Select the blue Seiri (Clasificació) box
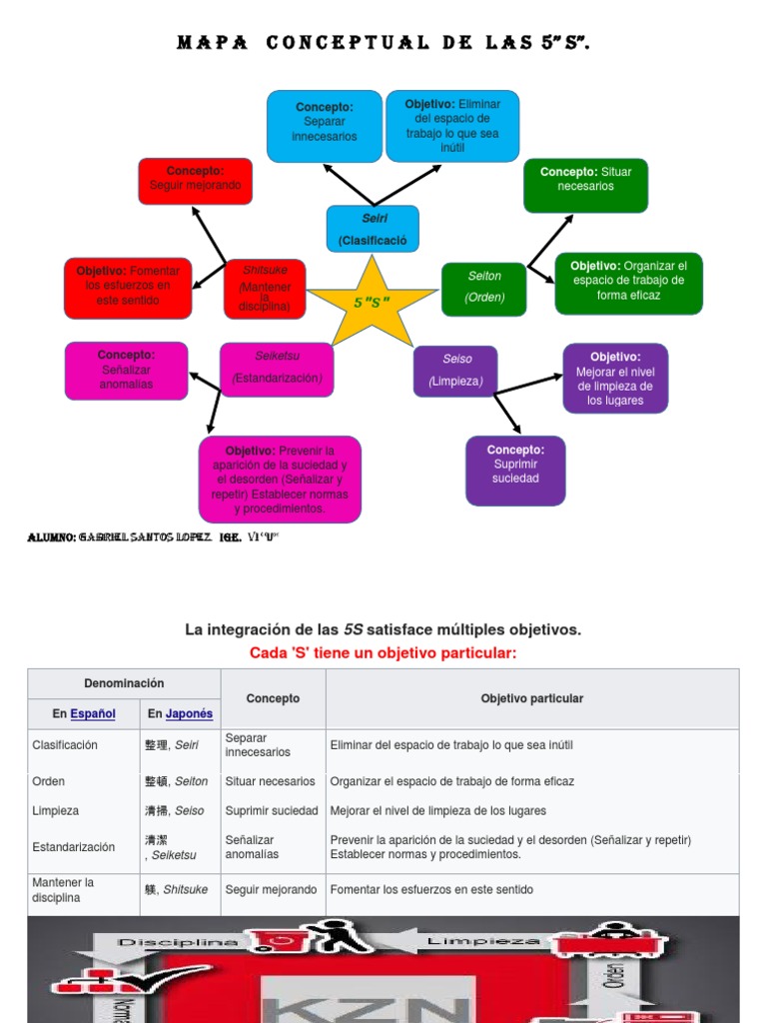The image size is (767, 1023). click(x=373, y=229)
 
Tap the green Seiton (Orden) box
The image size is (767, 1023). click(x=484, y=288)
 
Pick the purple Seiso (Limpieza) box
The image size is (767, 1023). click(x=455, y=370)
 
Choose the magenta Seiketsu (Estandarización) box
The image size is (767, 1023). click(x=277, y=368)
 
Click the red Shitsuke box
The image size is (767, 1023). click(x=265, y=288)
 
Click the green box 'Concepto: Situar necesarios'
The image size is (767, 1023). click(x=585, y=184)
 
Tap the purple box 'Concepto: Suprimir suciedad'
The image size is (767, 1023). click(x=515, y=469)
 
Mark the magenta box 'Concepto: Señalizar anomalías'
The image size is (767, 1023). click(x=126, y=370)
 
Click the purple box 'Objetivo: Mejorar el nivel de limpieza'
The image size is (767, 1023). click(x=615, y=378)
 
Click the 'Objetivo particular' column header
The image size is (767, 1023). click(x=531, y=698)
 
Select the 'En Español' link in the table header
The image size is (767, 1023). click(x=84, y=714)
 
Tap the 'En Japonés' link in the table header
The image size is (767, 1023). click(x=180, y=714)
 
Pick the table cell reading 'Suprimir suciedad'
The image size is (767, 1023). click(x=272, y=810)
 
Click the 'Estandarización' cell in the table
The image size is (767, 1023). click(x=74, y=847)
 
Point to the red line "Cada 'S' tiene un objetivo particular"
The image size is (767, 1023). click(x=383, y=652)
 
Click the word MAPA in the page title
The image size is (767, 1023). click(x=212, y=43)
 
